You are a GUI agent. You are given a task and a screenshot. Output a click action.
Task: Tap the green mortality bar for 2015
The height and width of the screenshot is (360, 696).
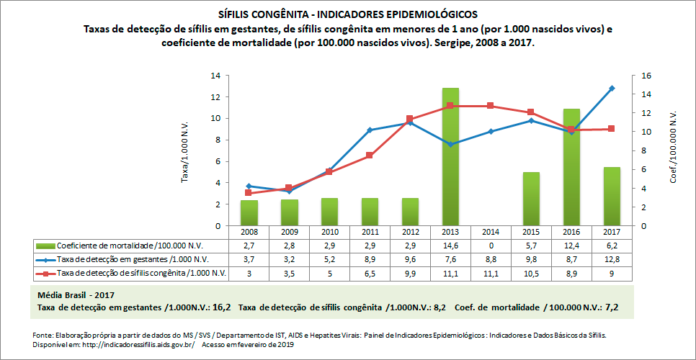pos(531,199)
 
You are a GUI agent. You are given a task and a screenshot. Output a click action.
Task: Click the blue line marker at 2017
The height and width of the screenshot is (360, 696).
pos(612,89)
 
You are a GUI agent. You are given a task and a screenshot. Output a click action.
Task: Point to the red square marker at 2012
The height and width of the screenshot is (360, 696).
pos(410,119)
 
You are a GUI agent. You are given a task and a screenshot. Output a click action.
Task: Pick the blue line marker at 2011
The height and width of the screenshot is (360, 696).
pos(370,130)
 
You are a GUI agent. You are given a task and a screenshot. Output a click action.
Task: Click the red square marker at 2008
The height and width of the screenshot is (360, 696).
pos(249,193)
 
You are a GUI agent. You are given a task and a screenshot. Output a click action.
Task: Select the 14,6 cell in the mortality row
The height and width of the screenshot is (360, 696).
pos(450,246)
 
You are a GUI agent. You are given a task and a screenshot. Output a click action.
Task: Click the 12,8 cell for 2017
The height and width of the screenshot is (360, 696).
pos(612,259)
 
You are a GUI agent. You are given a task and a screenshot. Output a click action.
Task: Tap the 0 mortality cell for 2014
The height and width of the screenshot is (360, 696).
pos(491,246)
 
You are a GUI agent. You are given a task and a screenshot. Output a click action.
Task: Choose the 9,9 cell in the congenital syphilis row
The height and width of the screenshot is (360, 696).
pos(410,273)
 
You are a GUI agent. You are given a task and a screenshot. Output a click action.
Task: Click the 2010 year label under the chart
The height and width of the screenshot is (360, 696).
pos(329,233)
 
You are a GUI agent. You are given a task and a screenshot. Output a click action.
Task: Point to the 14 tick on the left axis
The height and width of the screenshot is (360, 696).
pos(215,76)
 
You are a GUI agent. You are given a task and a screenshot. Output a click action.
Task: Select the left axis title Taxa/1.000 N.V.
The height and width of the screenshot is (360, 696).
pos(184,151)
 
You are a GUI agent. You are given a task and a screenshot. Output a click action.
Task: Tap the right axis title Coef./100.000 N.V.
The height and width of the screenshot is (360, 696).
pos(674,151)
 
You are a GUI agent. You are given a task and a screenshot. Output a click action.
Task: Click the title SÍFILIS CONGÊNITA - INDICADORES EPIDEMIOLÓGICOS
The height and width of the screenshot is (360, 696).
pos(347,14)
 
